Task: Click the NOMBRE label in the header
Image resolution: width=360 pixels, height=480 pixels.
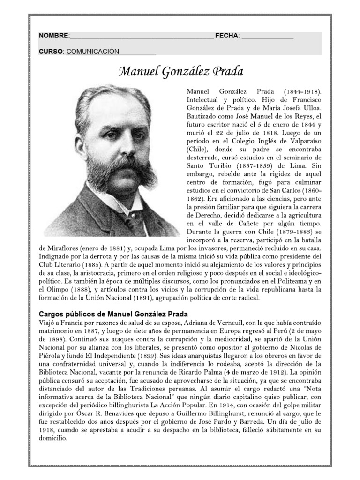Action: [x=53, y=36]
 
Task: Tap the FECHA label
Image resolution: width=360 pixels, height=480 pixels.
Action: [x=227, y=36]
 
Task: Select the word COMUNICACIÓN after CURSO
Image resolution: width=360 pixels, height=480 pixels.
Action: [x=93, y=52]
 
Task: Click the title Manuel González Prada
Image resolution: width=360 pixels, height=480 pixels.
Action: [x=181, y=72]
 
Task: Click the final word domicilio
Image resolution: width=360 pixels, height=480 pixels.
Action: [x=52, y=439]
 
